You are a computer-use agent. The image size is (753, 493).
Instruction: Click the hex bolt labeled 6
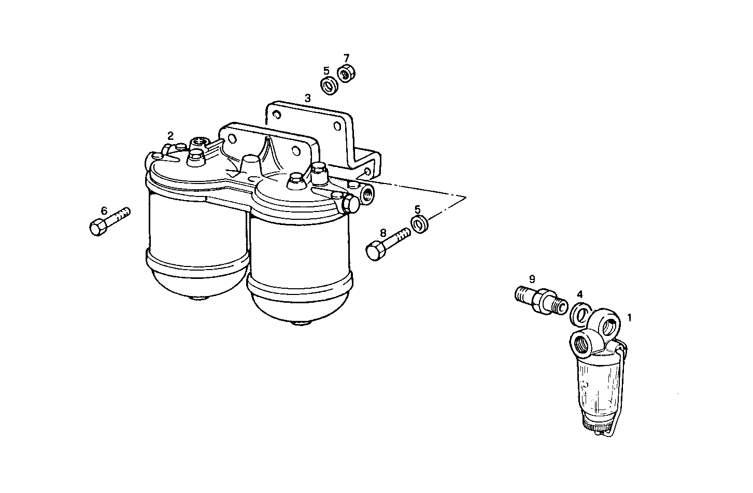coord(109,221)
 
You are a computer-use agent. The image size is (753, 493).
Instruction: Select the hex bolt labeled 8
coord(387,245)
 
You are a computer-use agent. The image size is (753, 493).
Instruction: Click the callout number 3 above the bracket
coord(307,97)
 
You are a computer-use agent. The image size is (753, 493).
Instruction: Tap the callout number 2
coord(170,136)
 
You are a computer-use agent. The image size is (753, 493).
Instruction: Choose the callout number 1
coord(630,317)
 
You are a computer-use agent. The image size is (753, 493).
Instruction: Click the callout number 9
coord(532,279)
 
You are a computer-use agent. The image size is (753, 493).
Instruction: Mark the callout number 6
coord(104,210)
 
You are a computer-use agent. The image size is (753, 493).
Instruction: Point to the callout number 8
coord(383,233)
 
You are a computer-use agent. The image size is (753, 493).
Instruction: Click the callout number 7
coord(346,58)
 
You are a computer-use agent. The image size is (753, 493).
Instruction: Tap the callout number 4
coord(580,294)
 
